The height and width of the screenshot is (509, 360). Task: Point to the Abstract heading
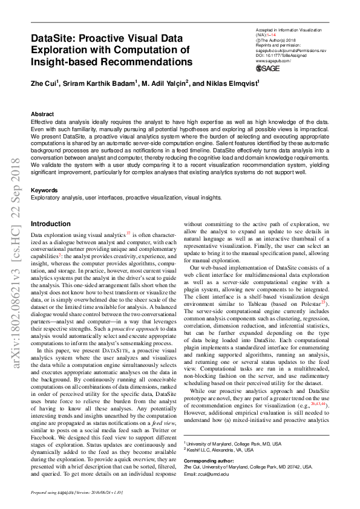coord(42,114)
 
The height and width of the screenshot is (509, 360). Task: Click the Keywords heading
coord(44,190)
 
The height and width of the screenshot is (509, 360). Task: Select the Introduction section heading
coord(50,224)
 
